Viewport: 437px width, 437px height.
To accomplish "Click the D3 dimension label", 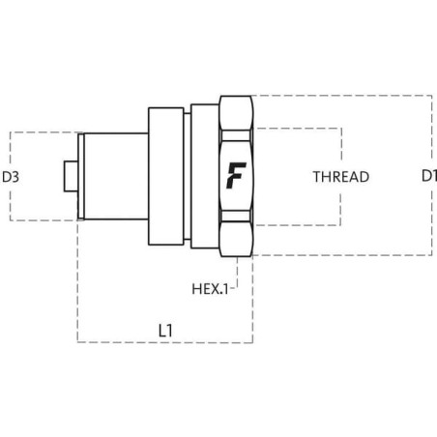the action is point(11,177).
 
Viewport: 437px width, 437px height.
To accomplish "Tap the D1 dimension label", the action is point(429,176).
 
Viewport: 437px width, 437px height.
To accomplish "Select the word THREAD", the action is point(341,177).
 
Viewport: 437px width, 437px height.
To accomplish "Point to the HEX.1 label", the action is point(210,289).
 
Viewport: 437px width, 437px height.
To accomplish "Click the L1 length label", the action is point(165,331).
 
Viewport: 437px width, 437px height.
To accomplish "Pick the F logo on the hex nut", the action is point(236,175).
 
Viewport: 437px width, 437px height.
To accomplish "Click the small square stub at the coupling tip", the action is point(71,176).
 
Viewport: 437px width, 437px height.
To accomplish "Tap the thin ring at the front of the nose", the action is point(81,176).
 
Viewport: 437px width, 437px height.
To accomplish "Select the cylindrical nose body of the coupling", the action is point(116,176).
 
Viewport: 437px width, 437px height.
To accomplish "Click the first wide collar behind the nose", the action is point(166,176).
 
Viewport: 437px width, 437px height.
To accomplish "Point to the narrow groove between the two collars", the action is point(188,176).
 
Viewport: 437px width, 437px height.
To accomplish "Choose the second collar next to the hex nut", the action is point(205,176).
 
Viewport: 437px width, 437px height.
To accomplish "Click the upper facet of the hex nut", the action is point(236,113).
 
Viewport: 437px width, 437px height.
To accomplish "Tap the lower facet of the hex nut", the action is point(236,240).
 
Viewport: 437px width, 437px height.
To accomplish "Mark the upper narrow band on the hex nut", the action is point(236,135).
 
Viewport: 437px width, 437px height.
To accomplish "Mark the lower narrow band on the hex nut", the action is point(236,217).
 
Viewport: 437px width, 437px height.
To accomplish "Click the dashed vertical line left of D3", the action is point(11,176).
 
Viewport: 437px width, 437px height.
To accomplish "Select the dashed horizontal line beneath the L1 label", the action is point(165,342).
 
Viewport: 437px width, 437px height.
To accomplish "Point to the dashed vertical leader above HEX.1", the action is point(238,272).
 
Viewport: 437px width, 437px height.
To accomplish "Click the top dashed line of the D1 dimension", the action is point(341,96).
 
